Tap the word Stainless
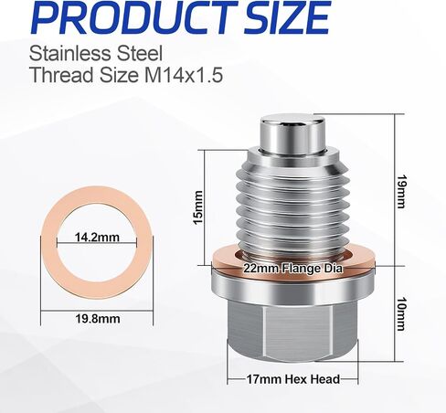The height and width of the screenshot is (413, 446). coord(69,53)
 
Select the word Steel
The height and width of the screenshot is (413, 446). coord(140,53)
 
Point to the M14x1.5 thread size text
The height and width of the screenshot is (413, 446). coord(184,75)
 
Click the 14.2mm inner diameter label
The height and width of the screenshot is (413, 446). coord(97,237)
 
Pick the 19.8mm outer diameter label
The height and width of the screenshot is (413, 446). coord(98,319)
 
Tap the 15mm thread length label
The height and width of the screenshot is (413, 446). coord(198,207)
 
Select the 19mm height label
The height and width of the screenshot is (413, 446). coord(401,191)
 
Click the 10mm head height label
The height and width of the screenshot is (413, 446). coord(401,314)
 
